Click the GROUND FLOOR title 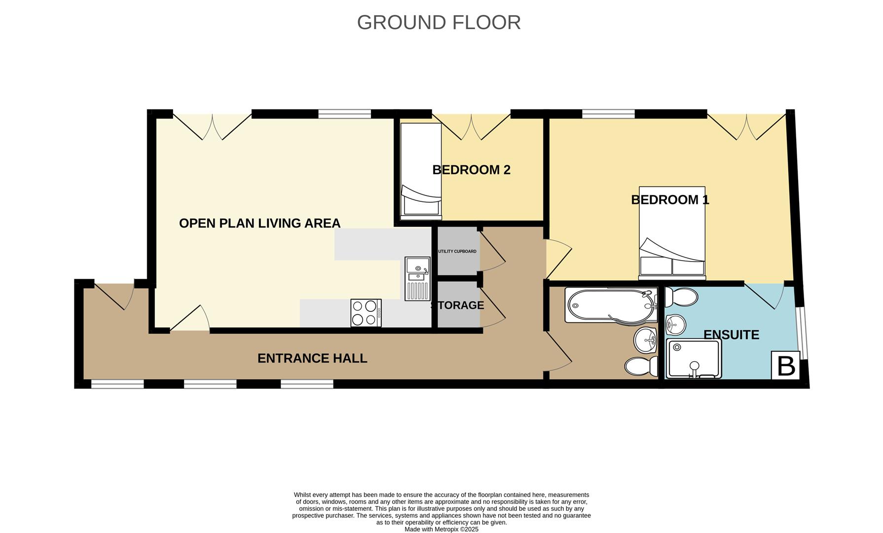439,23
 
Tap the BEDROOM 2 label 471,170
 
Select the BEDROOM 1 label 669,200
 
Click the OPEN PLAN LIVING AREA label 259,224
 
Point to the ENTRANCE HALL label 312,358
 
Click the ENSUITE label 731,335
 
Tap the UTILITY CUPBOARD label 457,252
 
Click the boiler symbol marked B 785,366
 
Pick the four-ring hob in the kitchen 366,313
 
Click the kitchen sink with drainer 417,279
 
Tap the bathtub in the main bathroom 612,305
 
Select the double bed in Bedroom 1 672,232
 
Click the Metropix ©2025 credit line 441,529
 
